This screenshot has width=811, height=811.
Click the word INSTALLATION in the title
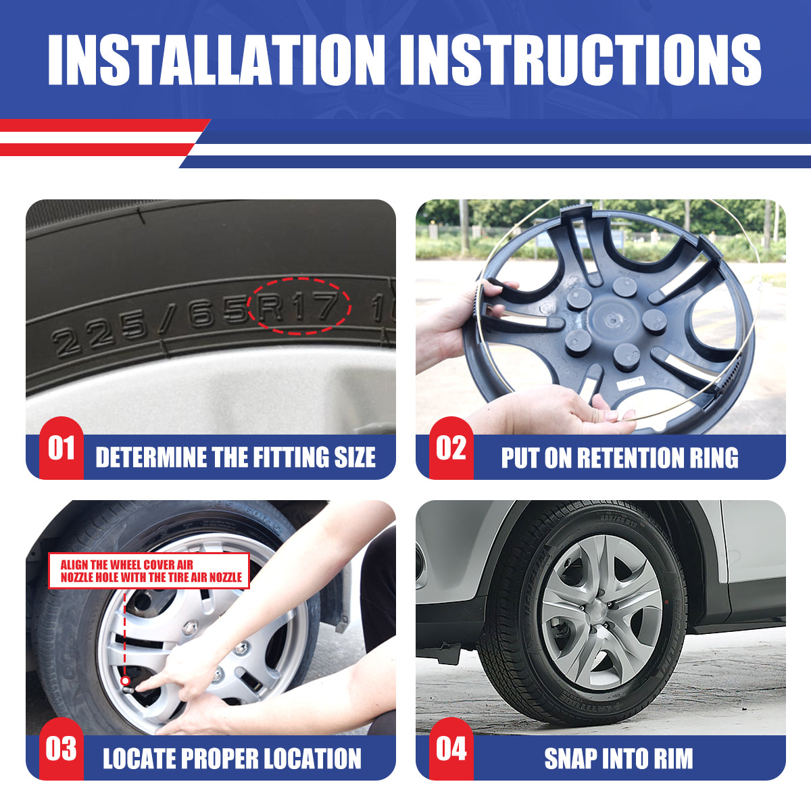(x=216, y=59)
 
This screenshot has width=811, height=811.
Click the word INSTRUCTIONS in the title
(x=581, y=59)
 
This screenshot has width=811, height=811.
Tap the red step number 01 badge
(x=62, y=448)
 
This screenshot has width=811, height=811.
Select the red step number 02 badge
(x=451, y=448)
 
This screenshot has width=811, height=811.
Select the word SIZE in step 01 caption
(x=355, y=457)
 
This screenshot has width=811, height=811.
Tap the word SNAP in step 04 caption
(x=570, y=758)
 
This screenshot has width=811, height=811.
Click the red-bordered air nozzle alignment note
(x=149, y=570)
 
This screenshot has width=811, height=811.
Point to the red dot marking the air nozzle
(x=125, y=681)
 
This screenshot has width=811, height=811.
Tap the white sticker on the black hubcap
(x=631, y=383)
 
